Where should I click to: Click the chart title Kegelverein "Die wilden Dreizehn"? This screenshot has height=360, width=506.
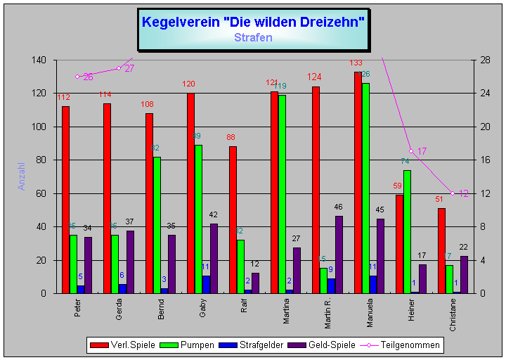pyautogui.click(x=253, y=22)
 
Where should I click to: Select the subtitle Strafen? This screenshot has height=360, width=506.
pyautogui.click(x=253, y=37)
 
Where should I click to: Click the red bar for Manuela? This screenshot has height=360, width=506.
pyautogui.click(x=358, y=182)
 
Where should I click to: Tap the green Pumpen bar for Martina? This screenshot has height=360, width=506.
pyautogui.click(x=282, y=194)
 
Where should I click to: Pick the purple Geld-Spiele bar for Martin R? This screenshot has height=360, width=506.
pyautogui.click(x=339, y=255)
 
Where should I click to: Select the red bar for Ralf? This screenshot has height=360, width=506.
pyautogui.click(x=233, y=219)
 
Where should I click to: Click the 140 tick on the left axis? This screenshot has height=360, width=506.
pyautogui.click(x=39, y=60)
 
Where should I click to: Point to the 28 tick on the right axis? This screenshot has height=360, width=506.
pyautogui.click(x=486, y=60)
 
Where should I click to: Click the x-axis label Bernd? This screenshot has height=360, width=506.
pyautogui.click(x=160, y=309)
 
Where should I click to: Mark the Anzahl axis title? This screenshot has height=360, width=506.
pyautogui.click(x=22, y=176)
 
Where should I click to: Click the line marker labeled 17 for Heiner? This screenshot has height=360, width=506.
pyautogui.click(x=411, y=151)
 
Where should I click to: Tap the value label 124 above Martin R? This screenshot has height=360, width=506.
pyautogui.click(x=313, y=77)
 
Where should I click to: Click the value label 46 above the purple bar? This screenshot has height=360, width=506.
pyautogui.click(x=339, y=207)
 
